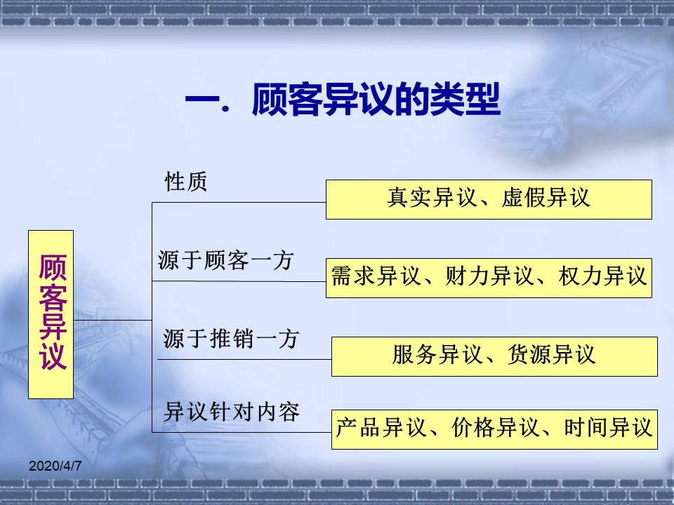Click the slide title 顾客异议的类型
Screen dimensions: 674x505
(x=376, y=100)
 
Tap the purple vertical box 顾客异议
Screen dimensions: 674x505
(x=51, y=314)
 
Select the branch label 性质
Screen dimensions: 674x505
(x=185, y=181)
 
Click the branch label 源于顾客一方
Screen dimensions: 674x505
(x=225, y=260)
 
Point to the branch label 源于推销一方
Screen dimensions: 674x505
(x=231, y=339)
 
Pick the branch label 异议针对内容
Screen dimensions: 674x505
(x=231, y=412)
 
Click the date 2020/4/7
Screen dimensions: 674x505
(x=55, y=466)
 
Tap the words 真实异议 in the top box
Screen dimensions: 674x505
(x=432, y=198)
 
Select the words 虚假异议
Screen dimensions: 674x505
(x=546, y=198)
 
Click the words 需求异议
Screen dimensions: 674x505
(x=375, y=276)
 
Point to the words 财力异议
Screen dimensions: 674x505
(x=489, y=276)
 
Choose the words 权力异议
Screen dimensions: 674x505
(x=602, y=276)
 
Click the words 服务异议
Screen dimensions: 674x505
(x=437, y=355)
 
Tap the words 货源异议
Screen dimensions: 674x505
(x=552, y=355)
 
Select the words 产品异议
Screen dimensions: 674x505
(x=381, y=428)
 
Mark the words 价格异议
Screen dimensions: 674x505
(x=495, y=428)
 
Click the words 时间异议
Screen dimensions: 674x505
(x=608, y=428)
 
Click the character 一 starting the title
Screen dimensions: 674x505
(x=202, y=100)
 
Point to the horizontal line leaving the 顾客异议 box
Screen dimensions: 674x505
(x=112, y=320)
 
